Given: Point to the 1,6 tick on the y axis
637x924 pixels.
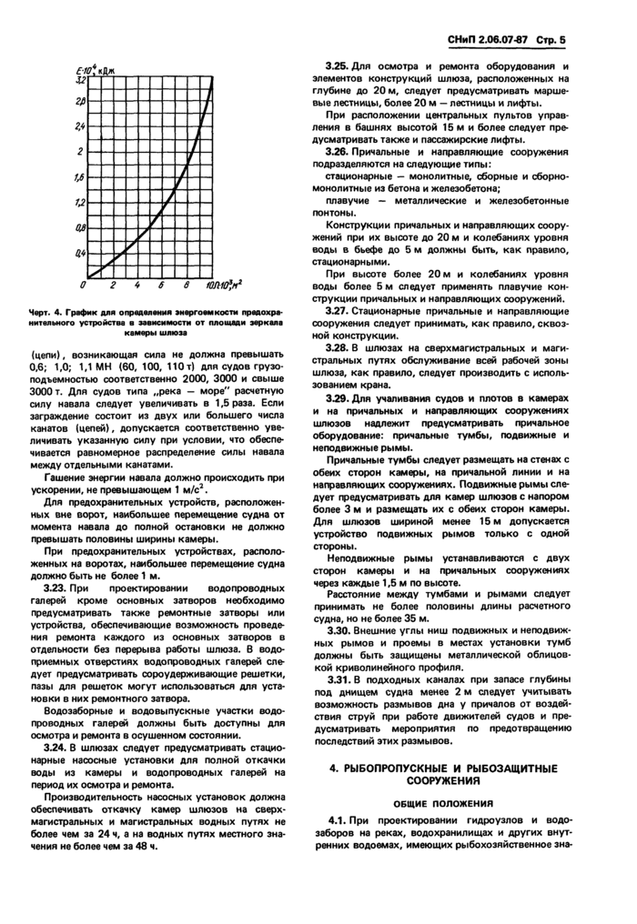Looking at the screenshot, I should click(80, 177).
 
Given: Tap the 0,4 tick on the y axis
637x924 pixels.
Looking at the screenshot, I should click(80, 251).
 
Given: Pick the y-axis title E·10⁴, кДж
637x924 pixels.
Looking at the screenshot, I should click(94, 66).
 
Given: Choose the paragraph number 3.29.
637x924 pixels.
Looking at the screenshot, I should click(339, 397).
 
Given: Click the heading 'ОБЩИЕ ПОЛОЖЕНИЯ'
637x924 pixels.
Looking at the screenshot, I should click(441, 804).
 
